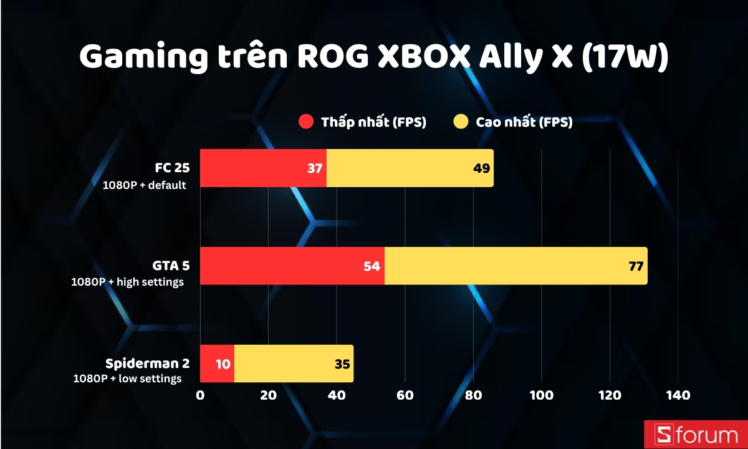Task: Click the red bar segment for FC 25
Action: [x=263, y=168]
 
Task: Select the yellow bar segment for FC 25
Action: [x=410, y=168]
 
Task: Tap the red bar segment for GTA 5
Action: [x=292, y=266]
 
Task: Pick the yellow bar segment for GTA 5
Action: [x=515, y=266]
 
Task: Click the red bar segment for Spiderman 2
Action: [x=217, y=364]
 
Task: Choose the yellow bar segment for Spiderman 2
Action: [x=294, y=364]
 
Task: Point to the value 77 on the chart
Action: [x=636, y=266]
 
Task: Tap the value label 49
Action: [x=481, y=169]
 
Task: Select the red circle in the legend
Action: [x=306, y=122]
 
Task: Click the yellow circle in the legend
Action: [x=461, y=122]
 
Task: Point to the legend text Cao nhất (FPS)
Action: [x=524, y=122]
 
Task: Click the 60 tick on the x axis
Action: [x=405, y=395]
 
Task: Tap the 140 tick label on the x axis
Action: [x=678, y=395]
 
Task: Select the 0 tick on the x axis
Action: [x=200, y=395]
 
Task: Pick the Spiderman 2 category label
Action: [x=147, y=364]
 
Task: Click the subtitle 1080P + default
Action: [x=145, y=185]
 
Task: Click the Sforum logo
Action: [x=694, y=434]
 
